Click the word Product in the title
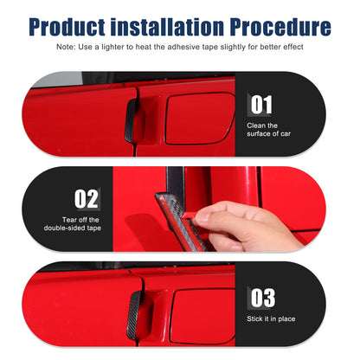tap(67, 27)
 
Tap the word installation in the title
tap(168, 27)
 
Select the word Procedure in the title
tap(280, 27)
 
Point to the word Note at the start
tap(66, 47)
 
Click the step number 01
tap(261, 105)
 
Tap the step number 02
tap(86, 199)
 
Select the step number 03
tap(262, 298)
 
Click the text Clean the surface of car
tap(268, 130)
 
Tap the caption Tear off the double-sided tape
tap(73, 224)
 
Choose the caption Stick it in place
tap(271, 318)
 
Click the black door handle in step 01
tap(131, 120)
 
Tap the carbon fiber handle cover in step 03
tap(135, 315)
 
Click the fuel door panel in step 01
tap(200, 119)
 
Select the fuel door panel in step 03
tap(202, 317)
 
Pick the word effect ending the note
tap(293, 47)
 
